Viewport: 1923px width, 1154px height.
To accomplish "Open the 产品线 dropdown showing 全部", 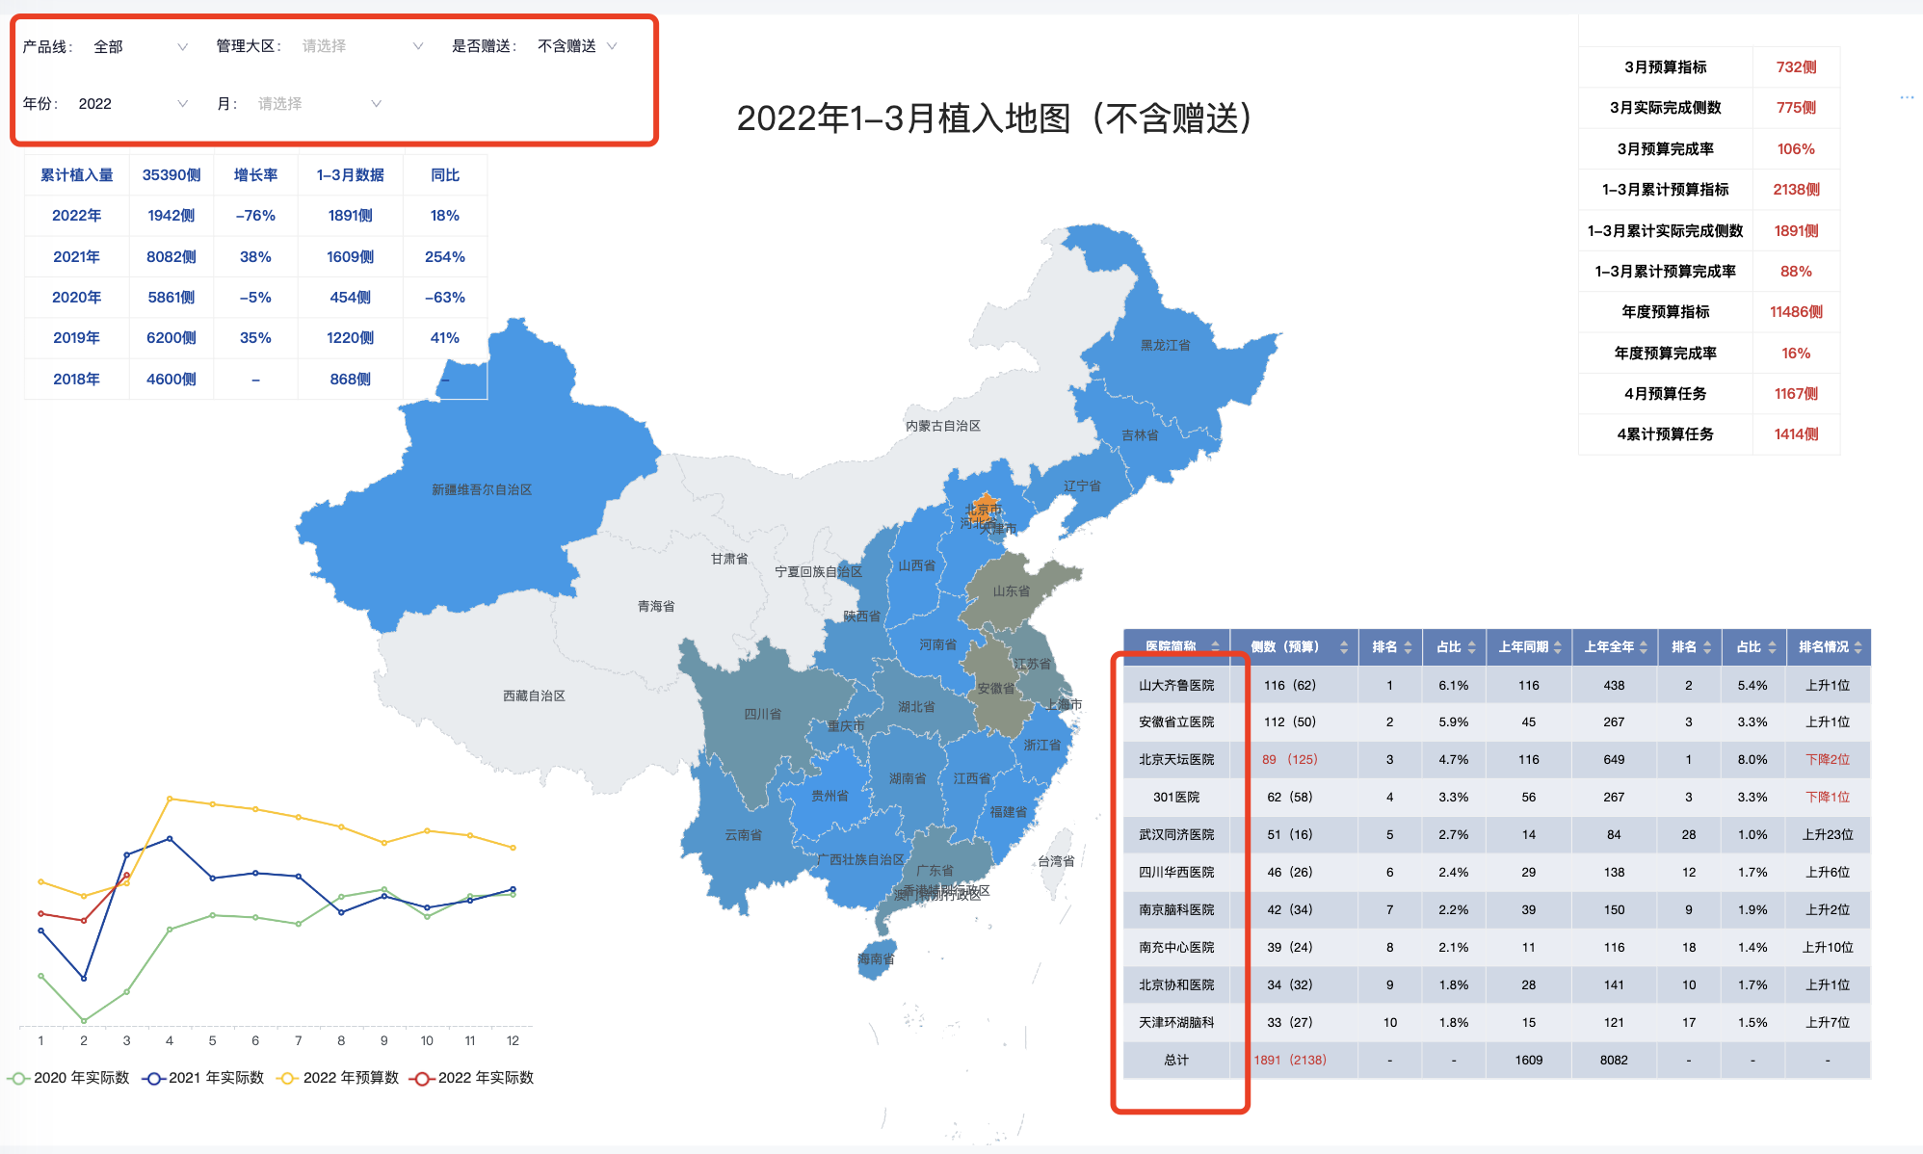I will (140, 46).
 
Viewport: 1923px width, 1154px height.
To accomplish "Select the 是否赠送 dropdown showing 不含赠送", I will (576, 46).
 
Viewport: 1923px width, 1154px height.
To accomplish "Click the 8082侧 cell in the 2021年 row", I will (171, 257).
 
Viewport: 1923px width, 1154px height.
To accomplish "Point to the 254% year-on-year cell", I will (444, 257).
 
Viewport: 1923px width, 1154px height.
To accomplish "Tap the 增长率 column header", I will (255, 175).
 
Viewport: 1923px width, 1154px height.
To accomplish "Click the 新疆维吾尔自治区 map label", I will (482, 490).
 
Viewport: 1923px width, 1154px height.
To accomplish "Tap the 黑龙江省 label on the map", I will (1165, 345).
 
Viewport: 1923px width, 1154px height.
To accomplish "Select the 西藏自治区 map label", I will (534, 695).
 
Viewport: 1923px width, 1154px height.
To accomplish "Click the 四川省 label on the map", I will (762, 714).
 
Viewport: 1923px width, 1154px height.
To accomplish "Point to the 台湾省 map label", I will (1056, 861).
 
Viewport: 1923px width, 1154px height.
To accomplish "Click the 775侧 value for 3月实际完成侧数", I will (1796, 108).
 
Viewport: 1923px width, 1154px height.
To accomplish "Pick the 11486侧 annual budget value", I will (1796, 312).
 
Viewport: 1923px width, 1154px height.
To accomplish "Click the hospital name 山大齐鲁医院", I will (1176, 686).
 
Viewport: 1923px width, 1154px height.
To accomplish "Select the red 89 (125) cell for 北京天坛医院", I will (1289, 760).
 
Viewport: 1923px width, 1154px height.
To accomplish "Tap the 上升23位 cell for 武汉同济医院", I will (1827, 835).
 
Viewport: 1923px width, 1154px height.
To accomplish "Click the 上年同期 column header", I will (1523, 647).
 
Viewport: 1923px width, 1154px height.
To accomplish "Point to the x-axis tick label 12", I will (513, 1041).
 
